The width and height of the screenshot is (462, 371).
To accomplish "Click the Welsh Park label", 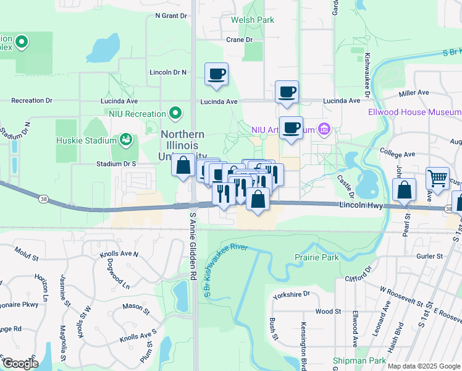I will (252, 20).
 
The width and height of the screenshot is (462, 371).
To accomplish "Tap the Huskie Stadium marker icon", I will (127, 139).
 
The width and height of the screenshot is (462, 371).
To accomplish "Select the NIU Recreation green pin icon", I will (176, 114).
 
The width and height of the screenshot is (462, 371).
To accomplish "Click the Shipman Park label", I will (359, 360).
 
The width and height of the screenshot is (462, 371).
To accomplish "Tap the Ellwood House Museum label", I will (423, 112).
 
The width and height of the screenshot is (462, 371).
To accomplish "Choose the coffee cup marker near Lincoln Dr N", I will (216, 74).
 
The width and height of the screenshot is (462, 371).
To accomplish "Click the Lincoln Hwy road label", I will (361, 204).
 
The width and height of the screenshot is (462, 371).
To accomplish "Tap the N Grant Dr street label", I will (171, 15).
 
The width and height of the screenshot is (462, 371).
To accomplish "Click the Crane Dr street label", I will (240, 40).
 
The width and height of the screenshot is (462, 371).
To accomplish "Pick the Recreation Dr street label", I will (31, 100).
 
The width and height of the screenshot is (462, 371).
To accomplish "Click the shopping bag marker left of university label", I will (183, 166).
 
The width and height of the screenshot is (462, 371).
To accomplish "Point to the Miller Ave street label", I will (414, 93).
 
